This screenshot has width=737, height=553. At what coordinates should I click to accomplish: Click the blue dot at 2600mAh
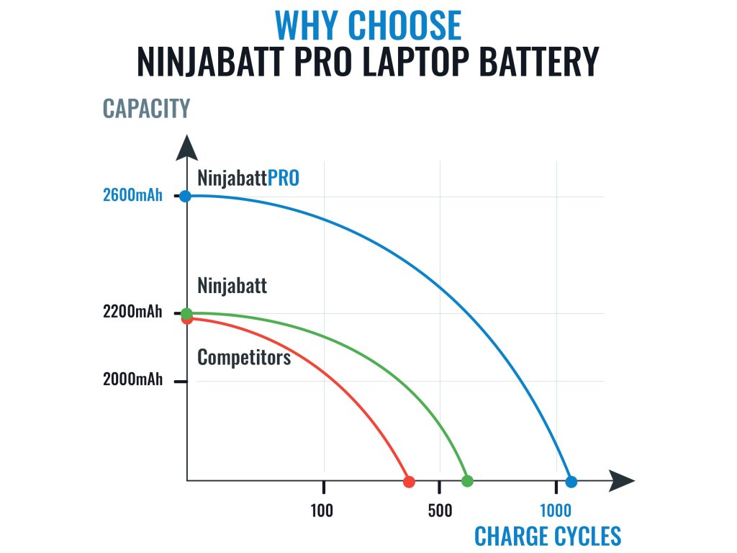point(186,196)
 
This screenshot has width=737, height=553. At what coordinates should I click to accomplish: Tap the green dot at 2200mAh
point(186,313)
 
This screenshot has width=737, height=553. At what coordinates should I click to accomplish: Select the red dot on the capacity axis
point(187,319)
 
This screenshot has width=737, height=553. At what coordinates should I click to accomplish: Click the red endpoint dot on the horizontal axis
point(409,481)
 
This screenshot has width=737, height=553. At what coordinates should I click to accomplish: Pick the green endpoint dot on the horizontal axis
point(467,481)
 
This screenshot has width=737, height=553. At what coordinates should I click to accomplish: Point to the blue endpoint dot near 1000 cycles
point(571,481)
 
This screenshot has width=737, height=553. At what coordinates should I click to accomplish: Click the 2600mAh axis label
point(133,196)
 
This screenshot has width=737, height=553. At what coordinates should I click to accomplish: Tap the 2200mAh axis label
point(133,313)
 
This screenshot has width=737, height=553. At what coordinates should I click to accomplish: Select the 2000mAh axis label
point(133,380)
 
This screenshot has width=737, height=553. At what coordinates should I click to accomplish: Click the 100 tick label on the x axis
point(322,511)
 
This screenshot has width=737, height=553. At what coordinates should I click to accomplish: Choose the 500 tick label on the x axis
point(440,511)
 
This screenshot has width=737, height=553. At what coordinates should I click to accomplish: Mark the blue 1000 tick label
point(556,511)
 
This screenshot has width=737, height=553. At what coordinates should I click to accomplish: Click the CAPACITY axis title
point(146,109)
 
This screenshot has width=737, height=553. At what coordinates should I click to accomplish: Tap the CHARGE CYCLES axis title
point(548,537)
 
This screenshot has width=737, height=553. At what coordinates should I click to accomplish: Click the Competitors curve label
point(244,357)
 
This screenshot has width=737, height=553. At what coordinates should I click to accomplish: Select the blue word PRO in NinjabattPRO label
point(284,178)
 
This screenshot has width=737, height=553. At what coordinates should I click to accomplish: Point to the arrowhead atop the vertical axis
point(186,148)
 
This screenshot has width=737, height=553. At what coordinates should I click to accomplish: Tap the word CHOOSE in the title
point(404,26)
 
